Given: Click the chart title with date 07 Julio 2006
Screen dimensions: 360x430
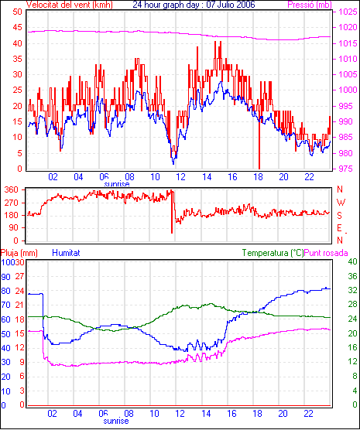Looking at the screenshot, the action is [x=194, y=5].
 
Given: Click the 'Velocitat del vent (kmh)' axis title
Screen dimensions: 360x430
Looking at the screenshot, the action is [x=70, y=5].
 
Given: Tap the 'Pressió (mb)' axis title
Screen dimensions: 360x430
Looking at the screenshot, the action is [x=310, y=5].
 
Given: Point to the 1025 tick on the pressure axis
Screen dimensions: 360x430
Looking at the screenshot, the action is [x=348, y=12].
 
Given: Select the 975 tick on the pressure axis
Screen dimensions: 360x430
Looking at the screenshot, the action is [x=348, y=169].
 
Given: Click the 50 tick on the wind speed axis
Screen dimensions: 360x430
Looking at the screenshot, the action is [x=18, y=12].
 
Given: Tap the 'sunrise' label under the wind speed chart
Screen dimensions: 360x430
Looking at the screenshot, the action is [x=117, y=184].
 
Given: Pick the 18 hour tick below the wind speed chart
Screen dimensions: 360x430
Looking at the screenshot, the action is [x=258, y=177].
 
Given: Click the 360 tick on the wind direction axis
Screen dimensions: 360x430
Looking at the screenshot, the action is [x=12, y=189].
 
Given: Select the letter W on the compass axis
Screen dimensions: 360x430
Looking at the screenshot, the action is [x=341, y=203].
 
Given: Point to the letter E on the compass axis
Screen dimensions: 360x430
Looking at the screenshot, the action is [x=340, y=228].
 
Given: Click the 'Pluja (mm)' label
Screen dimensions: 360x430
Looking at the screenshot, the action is [x=19, y=253].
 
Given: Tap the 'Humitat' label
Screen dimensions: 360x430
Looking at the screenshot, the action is [x=66, y=253].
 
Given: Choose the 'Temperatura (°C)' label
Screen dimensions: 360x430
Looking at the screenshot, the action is [x=273, y=253].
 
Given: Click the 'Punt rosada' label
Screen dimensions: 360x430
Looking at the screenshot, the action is [x=326, y=253].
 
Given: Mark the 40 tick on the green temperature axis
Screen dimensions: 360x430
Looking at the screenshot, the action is [x=352, y=261].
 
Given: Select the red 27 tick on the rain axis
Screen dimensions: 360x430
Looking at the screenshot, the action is [x=19, y=276].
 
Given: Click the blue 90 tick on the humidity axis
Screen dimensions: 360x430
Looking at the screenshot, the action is [x=5, y=277].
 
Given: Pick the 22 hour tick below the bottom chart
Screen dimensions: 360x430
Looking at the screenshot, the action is [x=309, y=413].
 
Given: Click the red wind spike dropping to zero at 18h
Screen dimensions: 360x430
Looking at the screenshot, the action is [x=259, y=145].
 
